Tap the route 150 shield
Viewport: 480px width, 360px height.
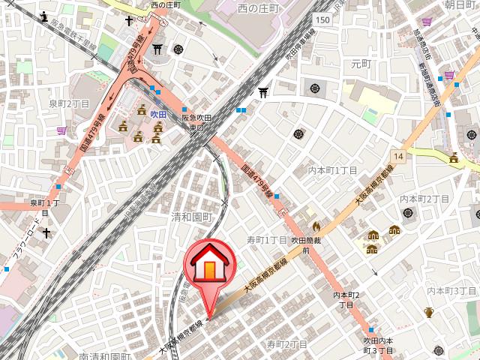[322, 19]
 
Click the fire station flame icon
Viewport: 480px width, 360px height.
[316, 225]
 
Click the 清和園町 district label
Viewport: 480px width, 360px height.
[192, 216]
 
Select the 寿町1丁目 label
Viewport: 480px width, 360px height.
[267, 240]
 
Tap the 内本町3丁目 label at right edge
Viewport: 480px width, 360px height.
[451, 290]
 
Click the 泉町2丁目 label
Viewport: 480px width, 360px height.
[69, 103]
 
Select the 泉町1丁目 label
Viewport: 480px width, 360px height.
[44, 207]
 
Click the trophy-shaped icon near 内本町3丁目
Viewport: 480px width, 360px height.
[429, 312]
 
